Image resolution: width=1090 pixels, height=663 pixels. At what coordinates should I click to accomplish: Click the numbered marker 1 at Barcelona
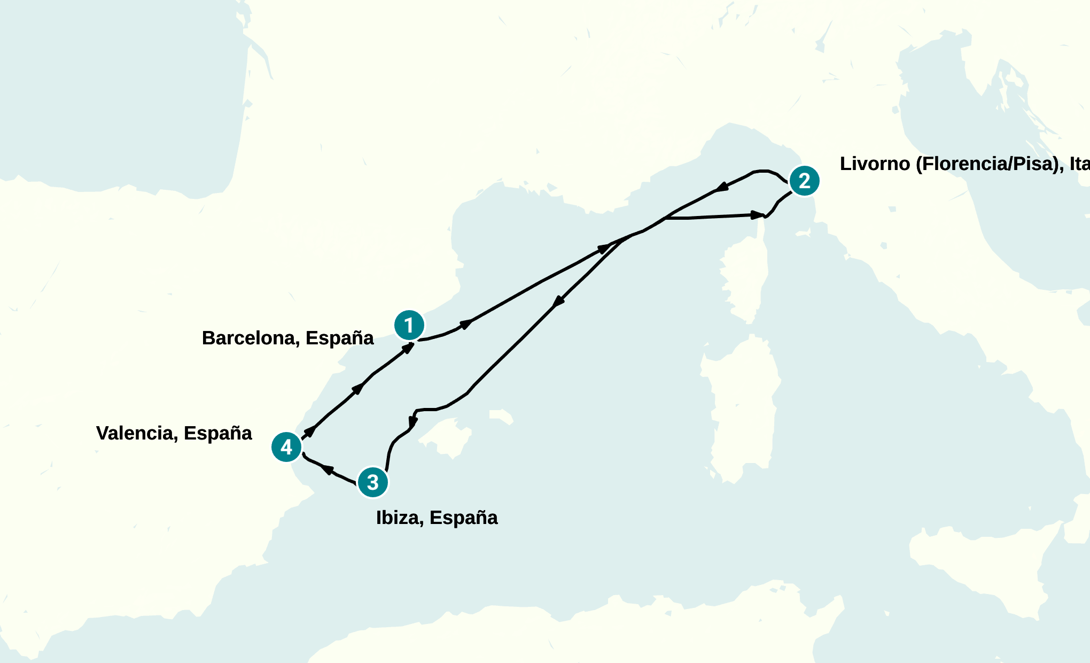tap(409, 325)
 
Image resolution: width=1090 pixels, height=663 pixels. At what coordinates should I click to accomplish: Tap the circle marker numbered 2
tap(804, 181)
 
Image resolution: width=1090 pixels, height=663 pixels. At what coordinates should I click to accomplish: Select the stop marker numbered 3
tap(373, 482)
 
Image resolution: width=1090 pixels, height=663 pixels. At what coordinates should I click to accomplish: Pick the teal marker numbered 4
tap(286, 447)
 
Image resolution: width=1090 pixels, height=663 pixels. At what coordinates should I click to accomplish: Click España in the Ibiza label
tap(464, 518)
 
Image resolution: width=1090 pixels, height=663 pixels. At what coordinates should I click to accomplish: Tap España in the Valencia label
tap(218, 433)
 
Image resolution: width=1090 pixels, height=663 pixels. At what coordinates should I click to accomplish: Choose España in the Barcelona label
tap(340, 338)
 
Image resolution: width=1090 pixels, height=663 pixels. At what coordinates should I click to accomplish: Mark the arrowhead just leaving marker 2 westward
tap(722, 187)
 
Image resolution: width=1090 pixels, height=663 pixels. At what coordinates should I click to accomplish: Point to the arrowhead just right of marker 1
tap(466, 323)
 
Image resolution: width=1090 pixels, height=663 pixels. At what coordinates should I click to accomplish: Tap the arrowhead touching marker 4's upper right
tap(309, 431)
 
